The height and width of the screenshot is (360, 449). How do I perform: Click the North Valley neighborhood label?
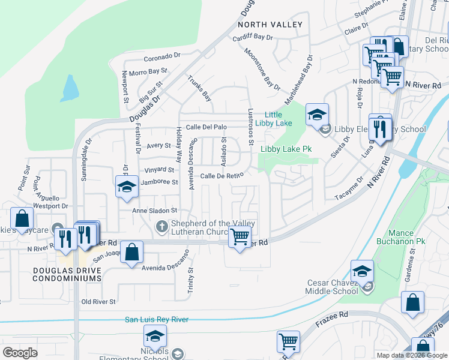point(270,25)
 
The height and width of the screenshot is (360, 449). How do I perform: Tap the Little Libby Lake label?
point(274,119)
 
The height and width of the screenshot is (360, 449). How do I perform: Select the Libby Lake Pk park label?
point(286,148)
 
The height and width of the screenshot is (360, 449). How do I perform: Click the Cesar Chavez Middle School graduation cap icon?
point(362,271)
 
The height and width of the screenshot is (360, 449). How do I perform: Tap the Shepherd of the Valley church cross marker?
point(160,227)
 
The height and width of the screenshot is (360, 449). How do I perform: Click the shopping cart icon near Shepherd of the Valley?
point(240,237)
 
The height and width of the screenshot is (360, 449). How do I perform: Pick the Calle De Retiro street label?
point(221,175)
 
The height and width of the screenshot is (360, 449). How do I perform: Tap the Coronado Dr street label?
point(162,58)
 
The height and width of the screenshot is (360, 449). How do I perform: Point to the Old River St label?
point(98,301)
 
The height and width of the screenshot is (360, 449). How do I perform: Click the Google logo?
point(20,353)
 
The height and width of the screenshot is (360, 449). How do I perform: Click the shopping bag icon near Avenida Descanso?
point(131,252)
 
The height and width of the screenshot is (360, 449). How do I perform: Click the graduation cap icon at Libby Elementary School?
point(317,113)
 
